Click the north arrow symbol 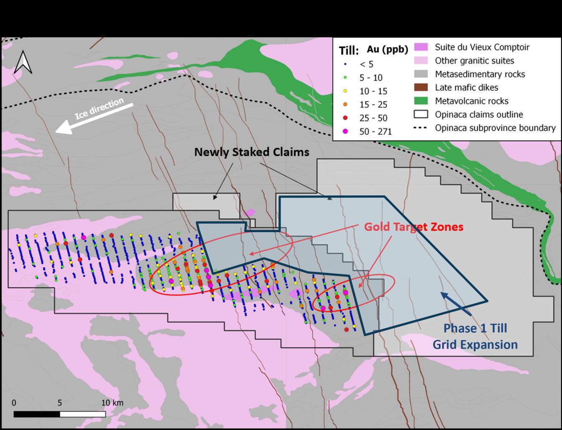click(x=23, y=62)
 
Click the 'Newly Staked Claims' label click(x=252, y=152)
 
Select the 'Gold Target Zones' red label click(x=413, y=227)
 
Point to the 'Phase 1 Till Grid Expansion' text click(x=475, y=336)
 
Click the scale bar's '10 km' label click(x=112, y=403)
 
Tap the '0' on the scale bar click(x=14, y=403)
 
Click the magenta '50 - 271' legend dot click(x=345, y=132)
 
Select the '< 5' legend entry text click(x=366, y=64)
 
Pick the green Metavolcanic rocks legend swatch click(x=421, y=101)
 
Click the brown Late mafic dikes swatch click(x=421, y=87)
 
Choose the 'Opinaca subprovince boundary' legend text click(x=495, y=128)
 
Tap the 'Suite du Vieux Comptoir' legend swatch click(x=421, y=47)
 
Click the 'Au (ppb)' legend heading click(x=387, y=49)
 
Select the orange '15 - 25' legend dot click(x=345, y=104)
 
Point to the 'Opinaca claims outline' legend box click(x=421, y=114)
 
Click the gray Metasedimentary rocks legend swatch click(x=421, y=74)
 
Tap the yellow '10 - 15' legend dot click(x=345, y=91)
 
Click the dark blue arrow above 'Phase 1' click(x=456, y=304)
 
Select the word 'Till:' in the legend click(x=349, y=51)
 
